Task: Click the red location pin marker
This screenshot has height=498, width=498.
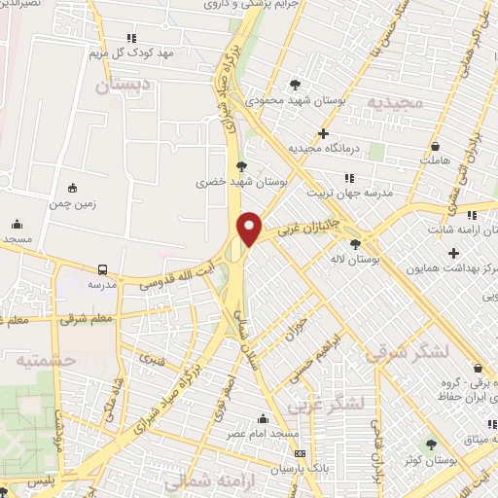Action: coord(250,229)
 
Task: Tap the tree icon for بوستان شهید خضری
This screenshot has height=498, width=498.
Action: coord(241,166)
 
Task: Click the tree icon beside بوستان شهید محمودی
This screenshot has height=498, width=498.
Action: coord(296,84)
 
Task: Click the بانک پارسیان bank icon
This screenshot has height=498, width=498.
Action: coord(300,453)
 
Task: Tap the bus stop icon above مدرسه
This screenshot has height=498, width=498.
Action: coord(101,268)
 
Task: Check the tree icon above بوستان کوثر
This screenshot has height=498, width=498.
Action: coord(432,445)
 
